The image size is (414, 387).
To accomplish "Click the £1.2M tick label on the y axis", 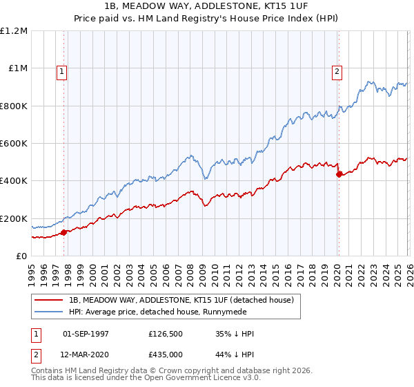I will [14, 31].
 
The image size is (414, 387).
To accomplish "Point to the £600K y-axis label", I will [14, 144].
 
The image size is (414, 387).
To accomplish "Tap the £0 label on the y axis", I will [21, 256].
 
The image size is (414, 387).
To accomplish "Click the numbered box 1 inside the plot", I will [62, 70].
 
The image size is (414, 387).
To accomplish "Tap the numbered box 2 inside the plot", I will [337, 70].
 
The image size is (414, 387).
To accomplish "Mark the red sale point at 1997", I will [64, 232].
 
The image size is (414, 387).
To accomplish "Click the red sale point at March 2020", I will [339, 174].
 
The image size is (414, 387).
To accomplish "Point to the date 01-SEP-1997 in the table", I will [87, 334].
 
